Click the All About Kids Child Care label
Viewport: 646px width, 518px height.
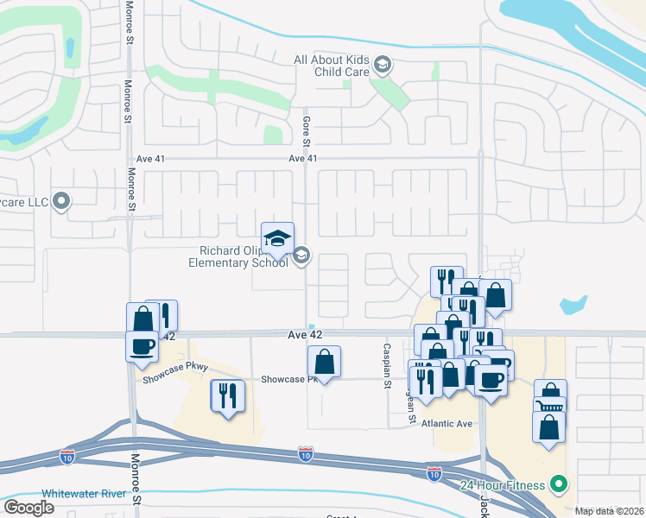(x=332, y=66)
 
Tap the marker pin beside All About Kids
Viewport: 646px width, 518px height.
(x=382, y=66)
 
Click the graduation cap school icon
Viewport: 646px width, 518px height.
(x=278, y=239)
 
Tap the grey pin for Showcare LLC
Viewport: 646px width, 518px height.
(x=60, y=202)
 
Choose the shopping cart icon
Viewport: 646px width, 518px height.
(x=550, y=406)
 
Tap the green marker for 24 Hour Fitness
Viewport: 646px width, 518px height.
(x=559, y=483)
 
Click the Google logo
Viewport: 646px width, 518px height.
(x=28, y=508)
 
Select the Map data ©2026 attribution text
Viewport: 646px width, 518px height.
(x=609, y=511)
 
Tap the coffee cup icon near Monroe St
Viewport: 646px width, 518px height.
(x=142, y=346)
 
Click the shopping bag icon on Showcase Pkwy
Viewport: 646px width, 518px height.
(x=324, y=362)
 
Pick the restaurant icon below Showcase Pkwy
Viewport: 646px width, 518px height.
(x=227, y=396)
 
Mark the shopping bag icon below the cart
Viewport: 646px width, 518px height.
(x=549, y=427)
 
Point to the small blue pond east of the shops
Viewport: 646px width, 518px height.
(x=573, y=305)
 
